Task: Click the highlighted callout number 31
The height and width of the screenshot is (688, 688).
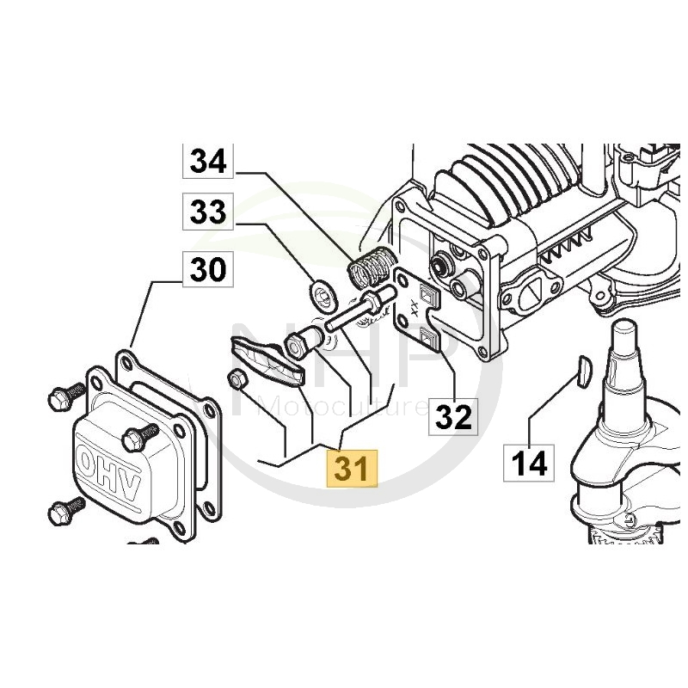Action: (x=350, y=469)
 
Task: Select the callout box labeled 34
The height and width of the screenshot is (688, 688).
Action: (x=207, y=161)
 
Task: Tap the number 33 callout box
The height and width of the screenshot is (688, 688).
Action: (x=207, y=212)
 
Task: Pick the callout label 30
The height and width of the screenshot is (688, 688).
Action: (x=207, y=271)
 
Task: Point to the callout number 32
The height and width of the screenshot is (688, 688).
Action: (x=453, y=417)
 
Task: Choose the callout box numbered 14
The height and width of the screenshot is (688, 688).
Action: (x=529, y=464)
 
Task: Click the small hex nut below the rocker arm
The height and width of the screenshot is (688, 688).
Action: (x=237, y=378)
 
